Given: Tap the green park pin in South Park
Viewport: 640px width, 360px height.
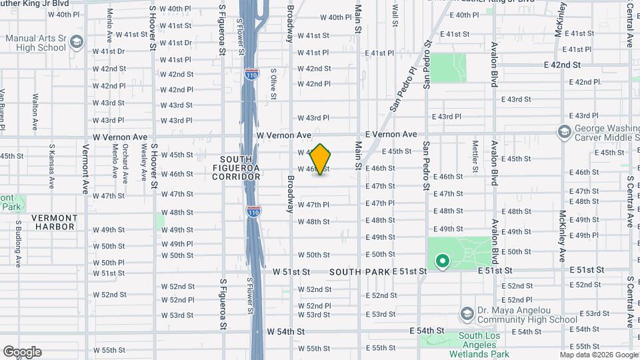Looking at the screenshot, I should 441,261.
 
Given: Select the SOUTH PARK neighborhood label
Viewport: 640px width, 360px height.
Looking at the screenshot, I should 358,272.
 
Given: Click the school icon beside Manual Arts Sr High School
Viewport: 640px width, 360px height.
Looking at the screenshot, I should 77,43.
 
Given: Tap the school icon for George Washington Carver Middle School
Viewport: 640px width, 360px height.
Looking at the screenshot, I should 564,131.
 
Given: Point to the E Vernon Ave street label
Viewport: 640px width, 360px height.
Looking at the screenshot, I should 391,134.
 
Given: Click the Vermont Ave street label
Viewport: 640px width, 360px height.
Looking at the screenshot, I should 85,167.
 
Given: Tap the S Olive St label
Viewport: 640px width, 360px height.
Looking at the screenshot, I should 273,83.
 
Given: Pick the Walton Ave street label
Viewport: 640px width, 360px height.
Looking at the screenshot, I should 35,113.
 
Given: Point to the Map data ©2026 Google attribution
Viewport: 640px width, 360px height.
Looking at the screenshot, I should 598,355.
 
